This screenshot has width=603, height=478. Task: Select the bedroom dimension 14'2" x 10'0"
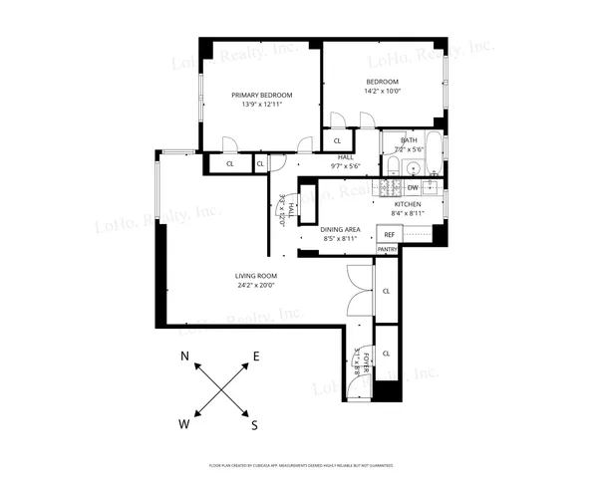382,92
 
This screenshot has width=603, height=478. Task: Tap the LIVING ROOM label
256,275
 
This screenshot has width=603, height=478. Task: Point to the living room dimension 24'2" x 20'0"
256,286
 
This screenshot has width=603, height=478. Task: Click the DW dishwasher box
413,187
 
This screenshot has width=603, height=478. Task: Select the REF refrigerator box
390,234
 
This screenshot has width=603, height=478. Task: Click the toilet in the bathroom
393,165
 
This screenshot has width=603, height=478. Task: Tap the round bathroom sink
413,166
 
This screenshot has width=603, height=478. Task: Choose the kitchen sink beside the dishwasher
432,186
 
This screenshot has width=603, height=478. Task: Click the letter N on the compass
185,357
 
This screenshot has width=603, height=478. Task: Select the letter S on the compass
254,424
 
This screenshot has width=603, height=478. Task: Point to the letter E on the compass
256,357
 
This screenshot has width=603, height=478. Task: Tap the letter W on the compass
184,423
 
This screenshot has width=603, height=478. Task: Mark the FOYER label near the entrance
367,360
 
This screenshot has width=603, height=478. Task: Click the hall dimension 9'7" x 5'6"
346,166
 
